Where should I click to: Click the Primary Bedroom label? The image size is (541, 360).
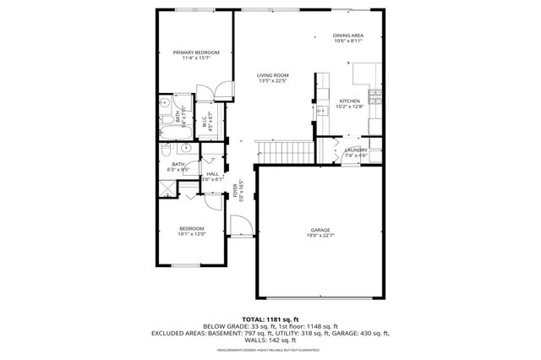pos(196,52)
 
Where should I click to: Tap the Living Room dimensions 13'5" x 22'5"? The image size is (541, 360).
pos(273,82)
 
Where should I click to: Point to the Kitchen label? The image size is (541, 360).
pos(350,101)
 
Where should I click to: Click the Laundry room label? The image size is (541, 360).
pos(355,150)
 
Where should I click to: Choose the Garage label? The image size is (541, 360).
pos(320,230)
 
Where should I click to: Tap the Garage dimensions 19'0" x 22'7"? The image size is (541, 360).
pos(320,236)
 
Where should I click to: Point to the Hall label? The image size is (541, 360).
pos(213,173)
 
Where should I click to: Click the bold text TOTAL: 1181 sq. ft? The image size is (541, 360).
pos(270,318)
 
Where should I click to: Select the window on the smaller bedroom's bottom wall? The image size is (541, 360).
pos(191,267)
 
